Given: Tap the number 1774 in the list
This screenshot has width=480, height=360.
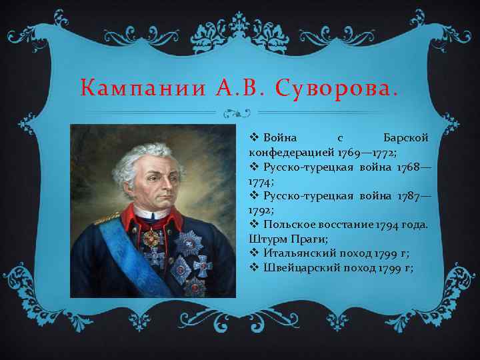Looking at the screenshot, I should [259, 180].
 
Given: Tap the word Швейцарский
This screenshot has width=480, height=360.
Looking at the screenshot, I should [300, 268].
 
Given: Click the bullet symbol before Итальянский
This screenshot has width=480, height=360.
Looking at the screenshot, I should [253, 253].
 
